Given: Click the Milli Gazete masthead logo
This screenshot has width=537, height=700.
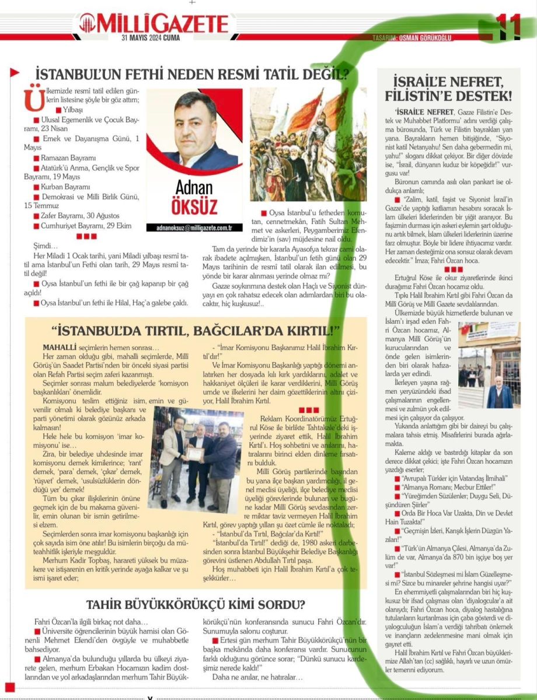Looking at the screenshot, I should click(x=155, y=24).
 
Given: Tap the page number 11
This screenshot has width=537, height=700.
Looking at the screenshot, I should click(x=507, y=26).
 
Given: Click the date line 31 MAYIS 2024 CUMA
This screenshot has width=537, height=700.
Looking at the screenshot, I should click(x=151, y=38).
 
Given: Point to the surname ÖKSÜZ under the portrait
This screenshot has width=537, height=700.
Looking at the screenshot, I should click(x=194, y=207).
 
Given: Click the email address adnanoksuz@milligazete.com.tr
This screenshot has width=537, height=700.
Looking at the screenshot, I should click(x=194, y=228).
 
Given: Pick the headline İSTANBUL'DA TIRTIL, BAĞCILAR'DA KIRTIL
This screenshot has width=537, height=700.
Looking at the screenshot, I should click(x=196, y=331).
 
